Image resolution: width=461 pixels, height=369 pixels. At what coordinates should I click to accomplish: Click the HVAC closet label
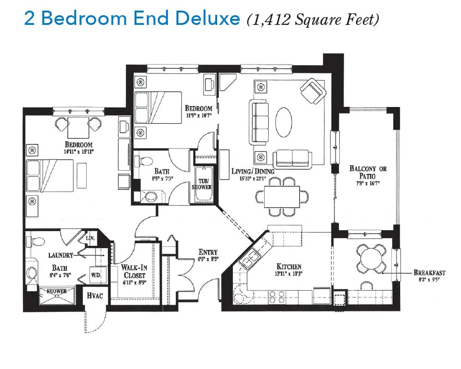point(95,295)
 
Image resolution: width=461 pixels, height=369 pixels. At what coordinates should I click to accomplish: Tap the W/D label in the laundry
point(95,275)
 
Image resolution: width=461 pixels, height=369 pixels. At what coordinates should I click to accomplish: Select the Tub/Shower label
point(202,184)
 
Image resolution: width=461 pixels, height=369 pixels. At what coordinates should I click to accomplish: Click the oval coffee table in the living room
point(284,122)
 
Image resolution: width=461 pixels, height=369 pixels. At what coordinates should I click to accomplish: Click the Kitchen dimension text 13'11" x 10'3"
point(289,274)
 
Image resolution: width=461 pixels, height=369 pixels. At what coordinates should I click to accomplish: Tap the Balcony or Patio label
point(368,172)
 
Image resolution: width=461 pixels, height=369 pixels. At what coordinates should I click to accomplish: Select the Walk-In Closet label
point(134,271)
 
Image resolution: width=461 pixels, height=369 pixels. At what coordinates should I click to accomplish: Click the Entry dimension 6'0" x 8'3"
point(208,259)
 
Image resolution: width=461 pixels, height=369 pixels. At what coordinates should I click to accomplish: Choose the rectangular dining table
point(282,197)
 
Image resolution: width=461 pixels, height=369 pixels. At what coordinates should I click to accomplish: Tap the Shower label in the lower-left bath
point(57,292)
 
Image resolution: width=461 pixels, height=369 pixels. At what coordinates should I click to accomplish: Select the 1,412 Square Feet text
point(313,20)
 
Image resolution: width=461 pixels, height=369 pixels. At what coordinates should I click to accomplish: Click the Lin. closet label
point(90,238)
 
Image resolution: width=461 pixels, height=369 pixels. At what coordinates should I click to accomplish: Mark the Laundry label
point(60,255)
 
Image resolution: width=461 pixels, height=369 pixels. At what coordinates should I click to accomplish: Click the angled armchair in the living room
point(313,91)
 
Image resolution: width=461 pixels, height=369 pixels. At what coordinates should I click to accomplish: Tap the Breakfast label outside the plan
point(429,273)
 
